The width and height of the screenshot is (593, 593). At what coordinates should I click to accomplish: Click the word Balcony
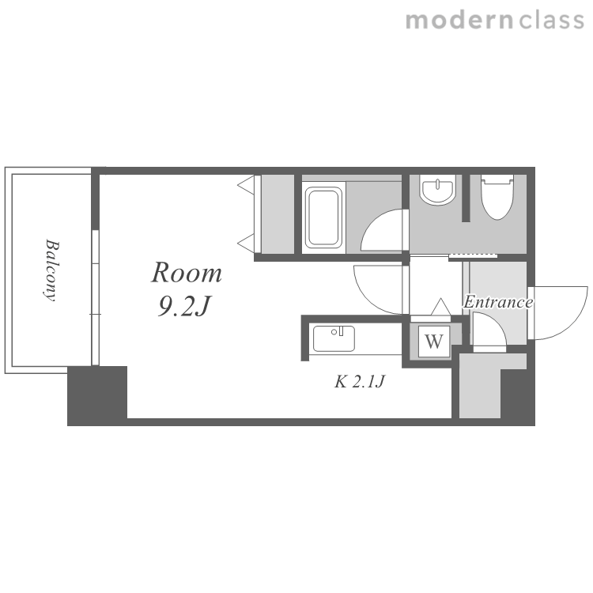pos(51,270)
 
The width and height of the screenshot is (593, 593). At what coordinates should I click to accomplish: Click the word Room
pos(187,272)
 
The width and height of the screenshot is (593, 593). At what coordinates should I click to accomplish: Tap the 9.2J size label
pos(183,306)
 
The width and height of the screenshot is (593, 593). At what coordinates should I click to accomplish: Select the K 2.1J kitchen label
pos(360,381)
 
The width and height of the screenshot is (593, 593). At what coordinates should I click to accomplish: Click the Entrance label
pos(498,302)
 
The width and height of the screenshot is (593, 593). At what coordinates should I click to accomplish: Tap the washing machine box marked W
pos(434,342)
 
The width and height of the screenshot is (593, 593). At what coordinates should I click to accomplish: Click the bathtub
pos(323,218)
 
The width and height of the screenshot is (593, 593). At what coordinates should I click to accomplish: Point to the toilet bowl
pos(497,197)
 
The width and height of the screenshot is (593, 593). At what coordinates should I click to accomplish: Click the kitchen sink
pos(334,338)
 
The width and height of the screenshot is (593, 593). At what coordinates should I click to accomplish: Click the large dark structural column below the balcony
pos(97,395)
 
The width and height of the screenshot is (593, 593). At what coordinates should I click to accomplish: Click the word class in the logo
pos(552,21)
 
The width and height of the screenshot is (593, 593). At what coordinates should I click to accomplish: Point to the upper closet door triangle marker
pos(246,185)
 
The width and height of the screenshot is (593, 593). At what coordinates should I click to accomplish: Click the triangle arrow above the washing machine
pos(441,307)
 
